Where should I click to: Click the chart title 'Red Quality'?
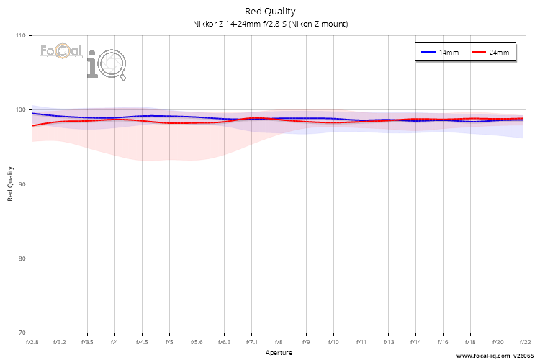point(270,11)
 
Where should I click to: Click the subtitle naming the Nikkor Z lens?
point(270,24)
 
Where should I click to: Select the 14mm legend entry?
point(440,53)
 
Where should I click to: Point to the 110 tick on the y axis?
point(20,36)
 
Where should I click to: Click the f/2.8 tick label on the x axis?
point(32,342)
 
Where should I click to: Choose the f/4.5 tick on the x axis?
point(142,342)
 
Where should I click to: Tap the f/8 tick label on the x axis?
point(279,342)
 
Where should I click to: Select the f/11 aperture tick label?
point(361,342)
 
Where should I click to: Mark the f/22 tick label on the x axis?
point(525,342)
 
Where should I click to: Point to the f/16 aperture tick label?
point(443,342)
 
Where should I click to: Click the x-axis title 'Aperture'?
point(279,353)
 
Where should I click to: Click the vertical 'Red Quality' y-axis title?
point(11,184)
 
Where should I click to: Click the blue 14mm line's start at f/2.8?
point(33,114)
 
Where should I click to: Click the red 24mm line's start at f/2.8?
point(33,125)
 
